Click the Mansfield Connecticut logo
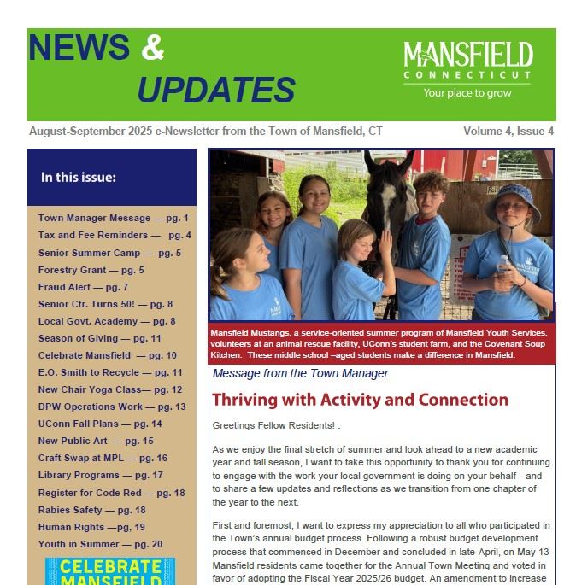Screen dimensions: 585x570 coord(467,60)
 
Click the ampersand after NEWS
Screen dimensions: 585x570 coord(152,49)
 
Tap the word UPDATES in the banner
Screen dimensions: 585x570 coord(215,90)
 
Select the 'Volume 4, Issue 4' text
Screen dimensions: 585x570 coord(508,132)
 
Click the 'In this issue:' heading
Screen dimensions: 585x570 coord(79,178)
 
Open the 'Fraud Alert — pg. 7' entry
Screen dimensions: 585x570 coord(83,287)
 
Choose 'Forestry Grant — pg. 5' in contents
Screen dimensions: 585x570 coord(91,270)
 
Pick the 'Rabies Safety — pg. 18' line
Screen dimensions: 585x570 coord(91,510)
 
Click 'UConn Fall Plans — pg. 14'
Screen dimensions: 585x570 coord(99,424)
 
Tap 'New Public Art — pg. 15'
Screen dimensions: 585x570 coord(96,441)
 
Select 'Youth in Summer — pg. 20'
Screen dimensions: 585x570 coord(100,544)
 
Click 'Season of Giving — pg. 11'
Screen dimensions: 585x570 coord(99,338)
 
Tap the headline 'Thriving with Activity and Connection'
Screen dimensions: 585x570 coord(360,400)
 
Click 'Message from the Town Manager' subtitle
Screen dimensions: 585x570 coord(300,373)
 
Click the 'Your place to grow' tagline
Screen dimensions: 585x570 coord(467,93)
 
